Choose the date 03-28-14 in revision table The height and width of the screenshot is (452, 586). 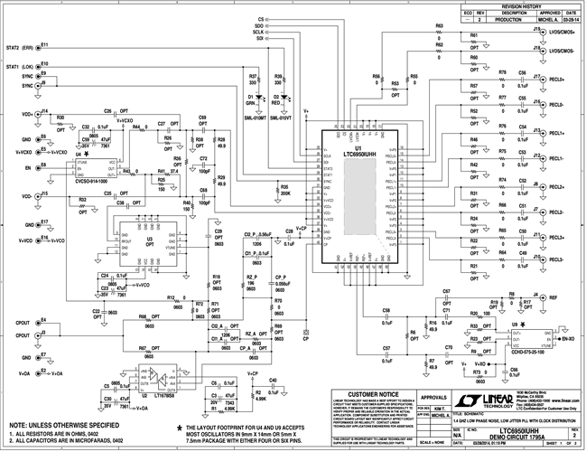[571, 17]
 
